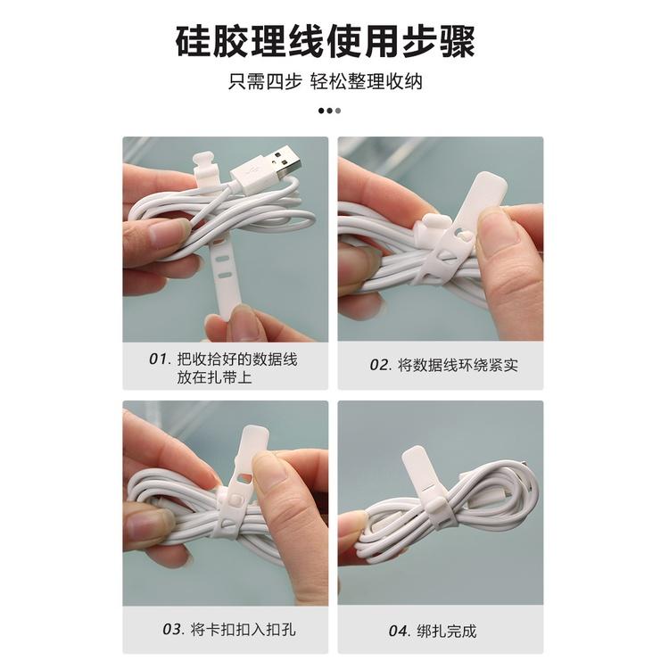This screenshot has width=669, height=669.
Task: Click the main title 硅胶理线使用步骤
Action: [334, 41]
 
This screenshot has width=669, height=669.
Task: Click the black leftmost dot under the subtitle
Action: [322, 111]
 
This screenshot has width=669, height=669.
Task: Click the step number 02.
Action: [380, 365]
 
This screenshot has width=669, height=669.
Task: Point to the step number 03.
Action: [173, 629]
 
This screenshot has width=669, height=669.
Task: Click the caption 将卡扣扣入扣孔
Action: [242, 629]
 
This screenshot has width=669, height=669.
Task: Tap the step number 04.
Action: [399, 631]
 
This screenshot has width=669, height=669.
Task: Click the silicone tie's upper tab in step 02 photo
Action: [487, 191]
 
